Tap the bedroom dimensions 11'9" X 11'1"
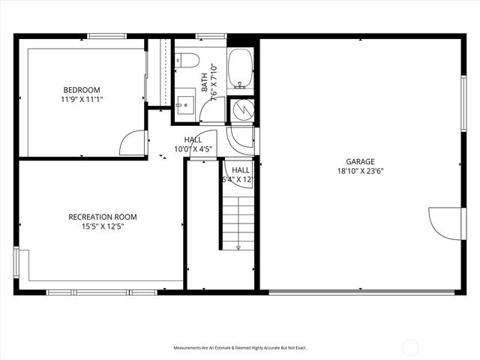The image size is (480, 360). click(x=82, y=98)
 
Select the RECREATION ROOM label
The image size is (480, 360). click(x=103, y=217)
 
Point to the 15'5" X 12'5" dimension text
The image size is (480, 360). click(x=103, y=226)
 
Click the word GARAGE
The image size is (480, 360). click(x=360, y=161)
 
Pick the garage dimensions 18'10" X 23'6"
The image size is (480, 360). click(x=360, y=170)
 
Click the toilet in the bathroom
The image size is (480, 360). click(x=187, y=60)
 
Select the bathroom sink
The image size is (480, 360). click(x=184, y=103)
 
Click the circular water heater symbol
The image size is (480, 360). click(x=242, y=111)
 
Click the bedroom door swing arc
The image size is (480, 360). click(x=133, y=142)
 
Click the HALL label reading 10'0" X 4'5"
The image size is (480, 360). click(x=193, y=144)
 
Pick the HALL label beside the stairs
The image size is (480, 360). click(x=241, y=175)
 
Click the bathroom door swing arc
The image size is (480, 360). click(x=213, y=109)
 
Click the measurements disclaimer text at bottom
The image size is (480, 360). click(x=240, y=348)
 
